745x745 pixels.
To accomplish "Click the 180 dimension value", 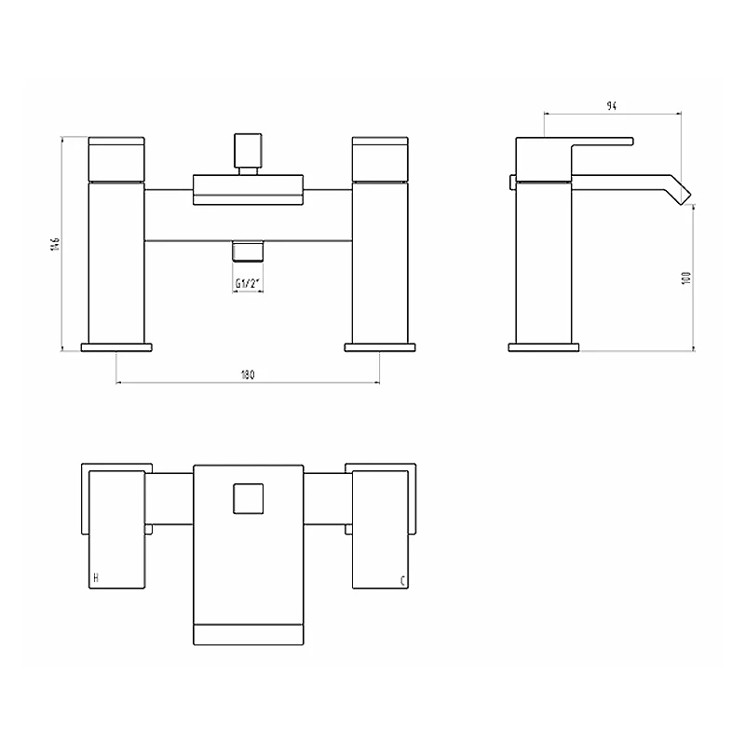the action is (248, 375).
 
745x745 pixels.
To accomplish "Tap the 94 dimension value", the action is (612, 106).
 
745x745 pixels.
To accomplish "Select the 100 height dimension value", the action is (686, 278).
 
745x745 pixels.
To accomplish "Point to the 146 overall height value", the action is (55, 243).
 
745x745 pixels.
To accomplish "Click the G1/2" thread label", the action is (248, 284).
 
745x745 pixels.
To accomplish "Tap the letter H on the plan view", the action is (96, 578).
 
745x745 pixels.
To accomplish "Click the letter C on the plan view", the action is (402, 580).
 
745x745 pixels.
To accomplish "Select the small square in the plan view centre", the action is (248, 499).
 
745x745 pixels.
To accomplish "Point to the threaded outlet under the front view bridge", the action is (248, 251).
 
